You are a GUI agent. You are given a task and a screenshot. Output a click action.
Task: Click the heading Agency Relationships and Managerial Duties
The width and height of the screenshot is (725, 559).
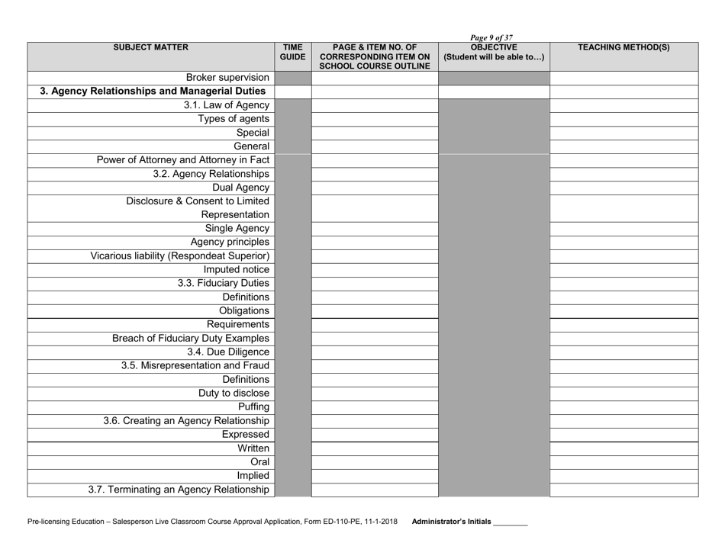click(153, 92)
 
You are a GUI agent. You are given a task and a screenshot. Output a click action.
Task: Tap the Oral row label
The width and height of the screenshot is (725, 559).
click(259, 461)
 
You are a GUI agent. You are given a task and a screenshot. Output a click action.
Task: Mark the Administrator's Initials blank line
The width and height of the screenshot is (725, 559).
click(511, 522)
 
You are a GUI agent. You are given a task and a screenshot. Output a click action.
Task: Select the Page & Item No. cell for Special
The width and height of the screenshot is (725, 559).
click(375, 133)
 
